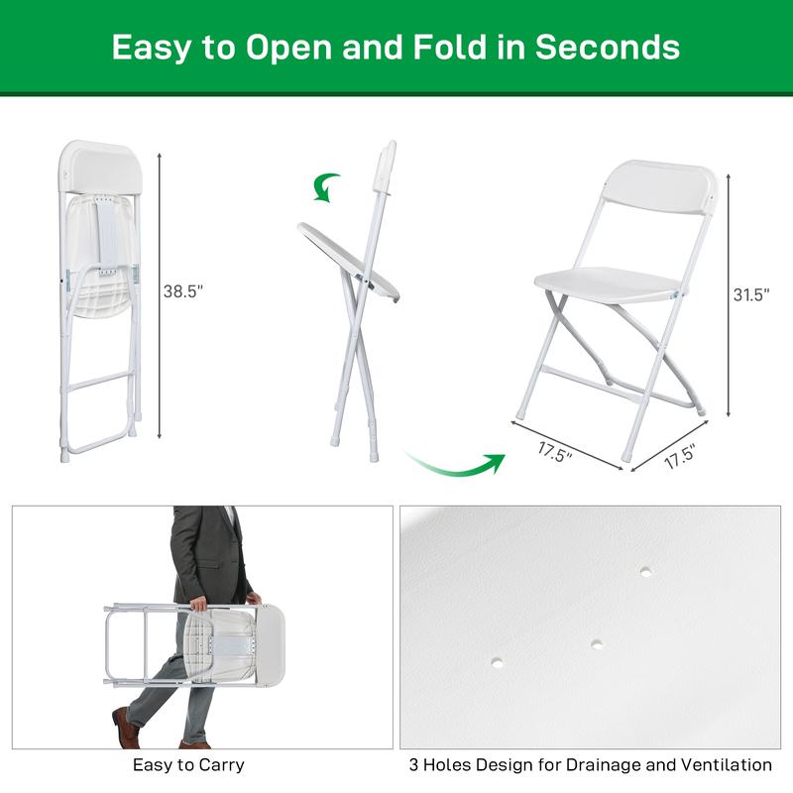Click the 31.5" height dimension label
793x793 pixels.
(751, 294)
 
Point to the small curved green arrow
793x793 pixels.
(326, 185)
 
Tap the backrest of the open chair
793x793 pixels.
(659, 185)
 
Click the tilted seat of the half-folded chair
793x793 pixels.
(349, 261)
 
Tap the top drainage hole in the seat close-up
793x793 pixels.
(645, 571)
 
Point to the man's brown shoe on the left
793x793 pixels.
(126, 728)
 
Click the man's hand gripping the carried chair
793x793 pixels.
(198, 603)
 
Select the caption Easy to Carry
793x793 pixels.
(188, 765)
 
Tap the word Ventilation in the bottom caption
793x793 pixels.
(729, 765)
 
